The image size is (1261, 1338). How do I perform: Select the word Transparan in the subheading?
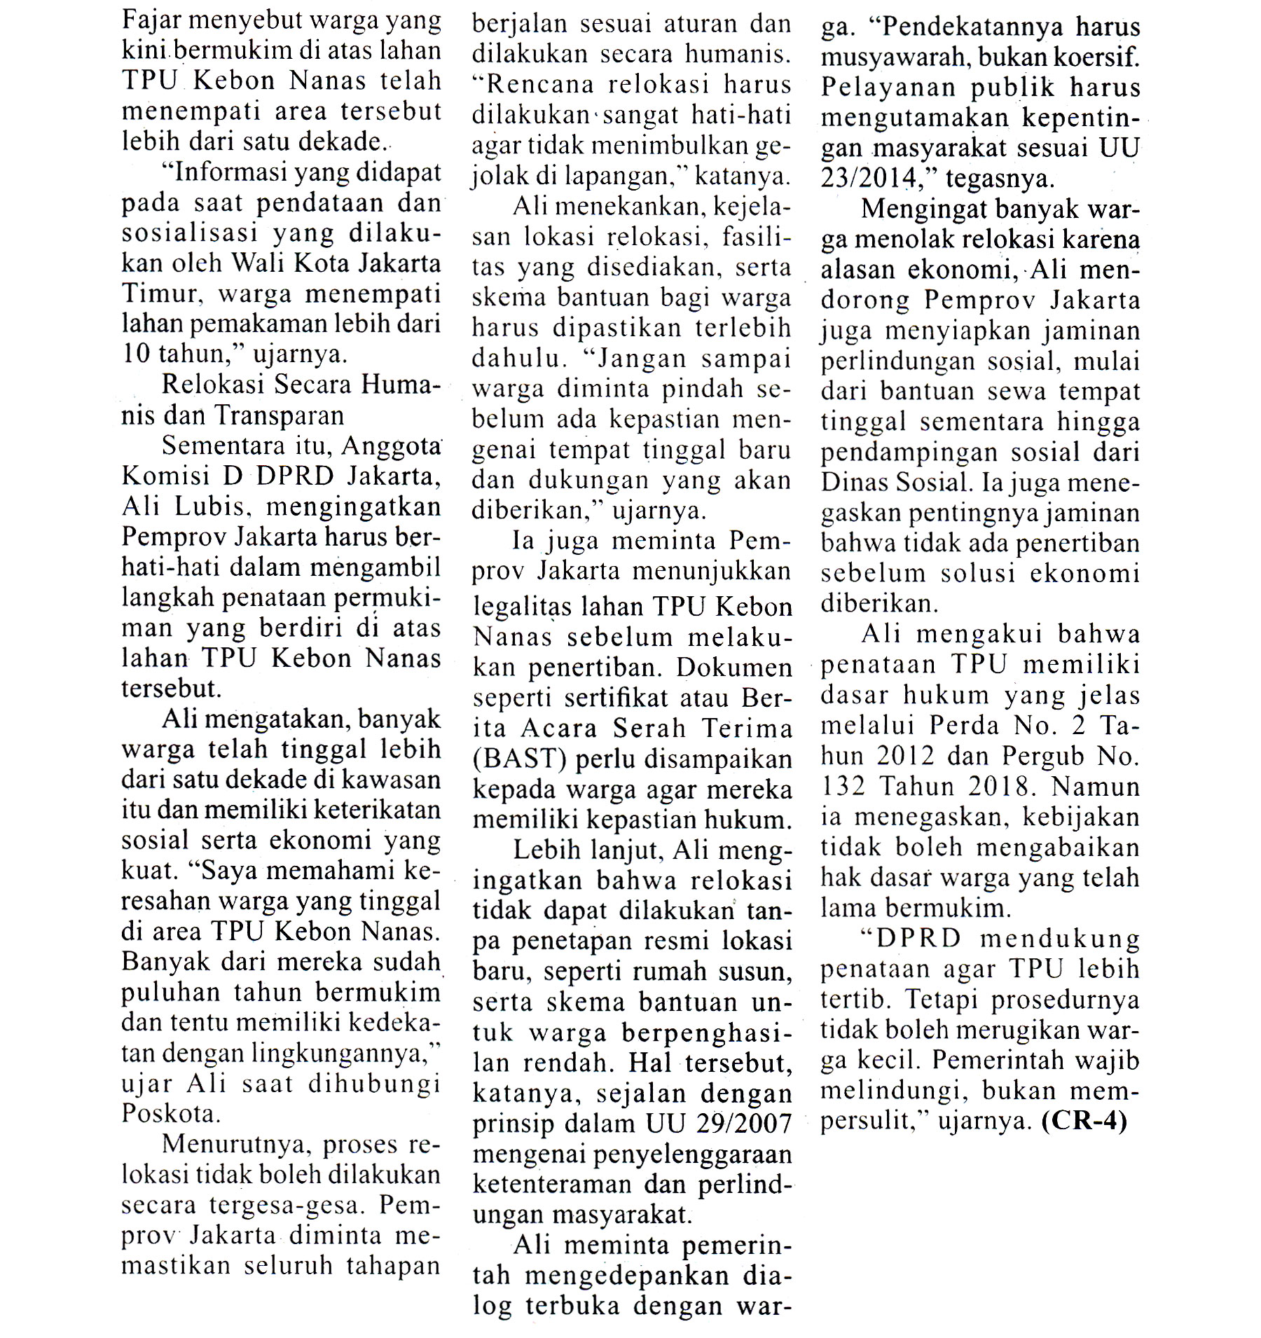click(x=279, y=415)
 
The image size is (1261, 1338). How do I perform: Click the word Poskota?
click(x=167, y=1113)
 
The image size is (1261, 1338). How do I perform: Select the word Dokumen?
click(x=733, y=668)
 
